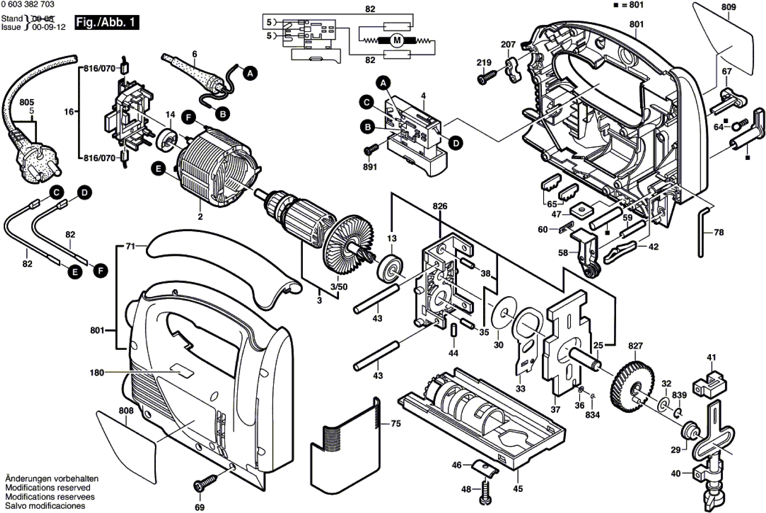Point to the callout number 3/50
[x=339, y=287]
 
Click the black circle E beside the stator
[x=158, y=169]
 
